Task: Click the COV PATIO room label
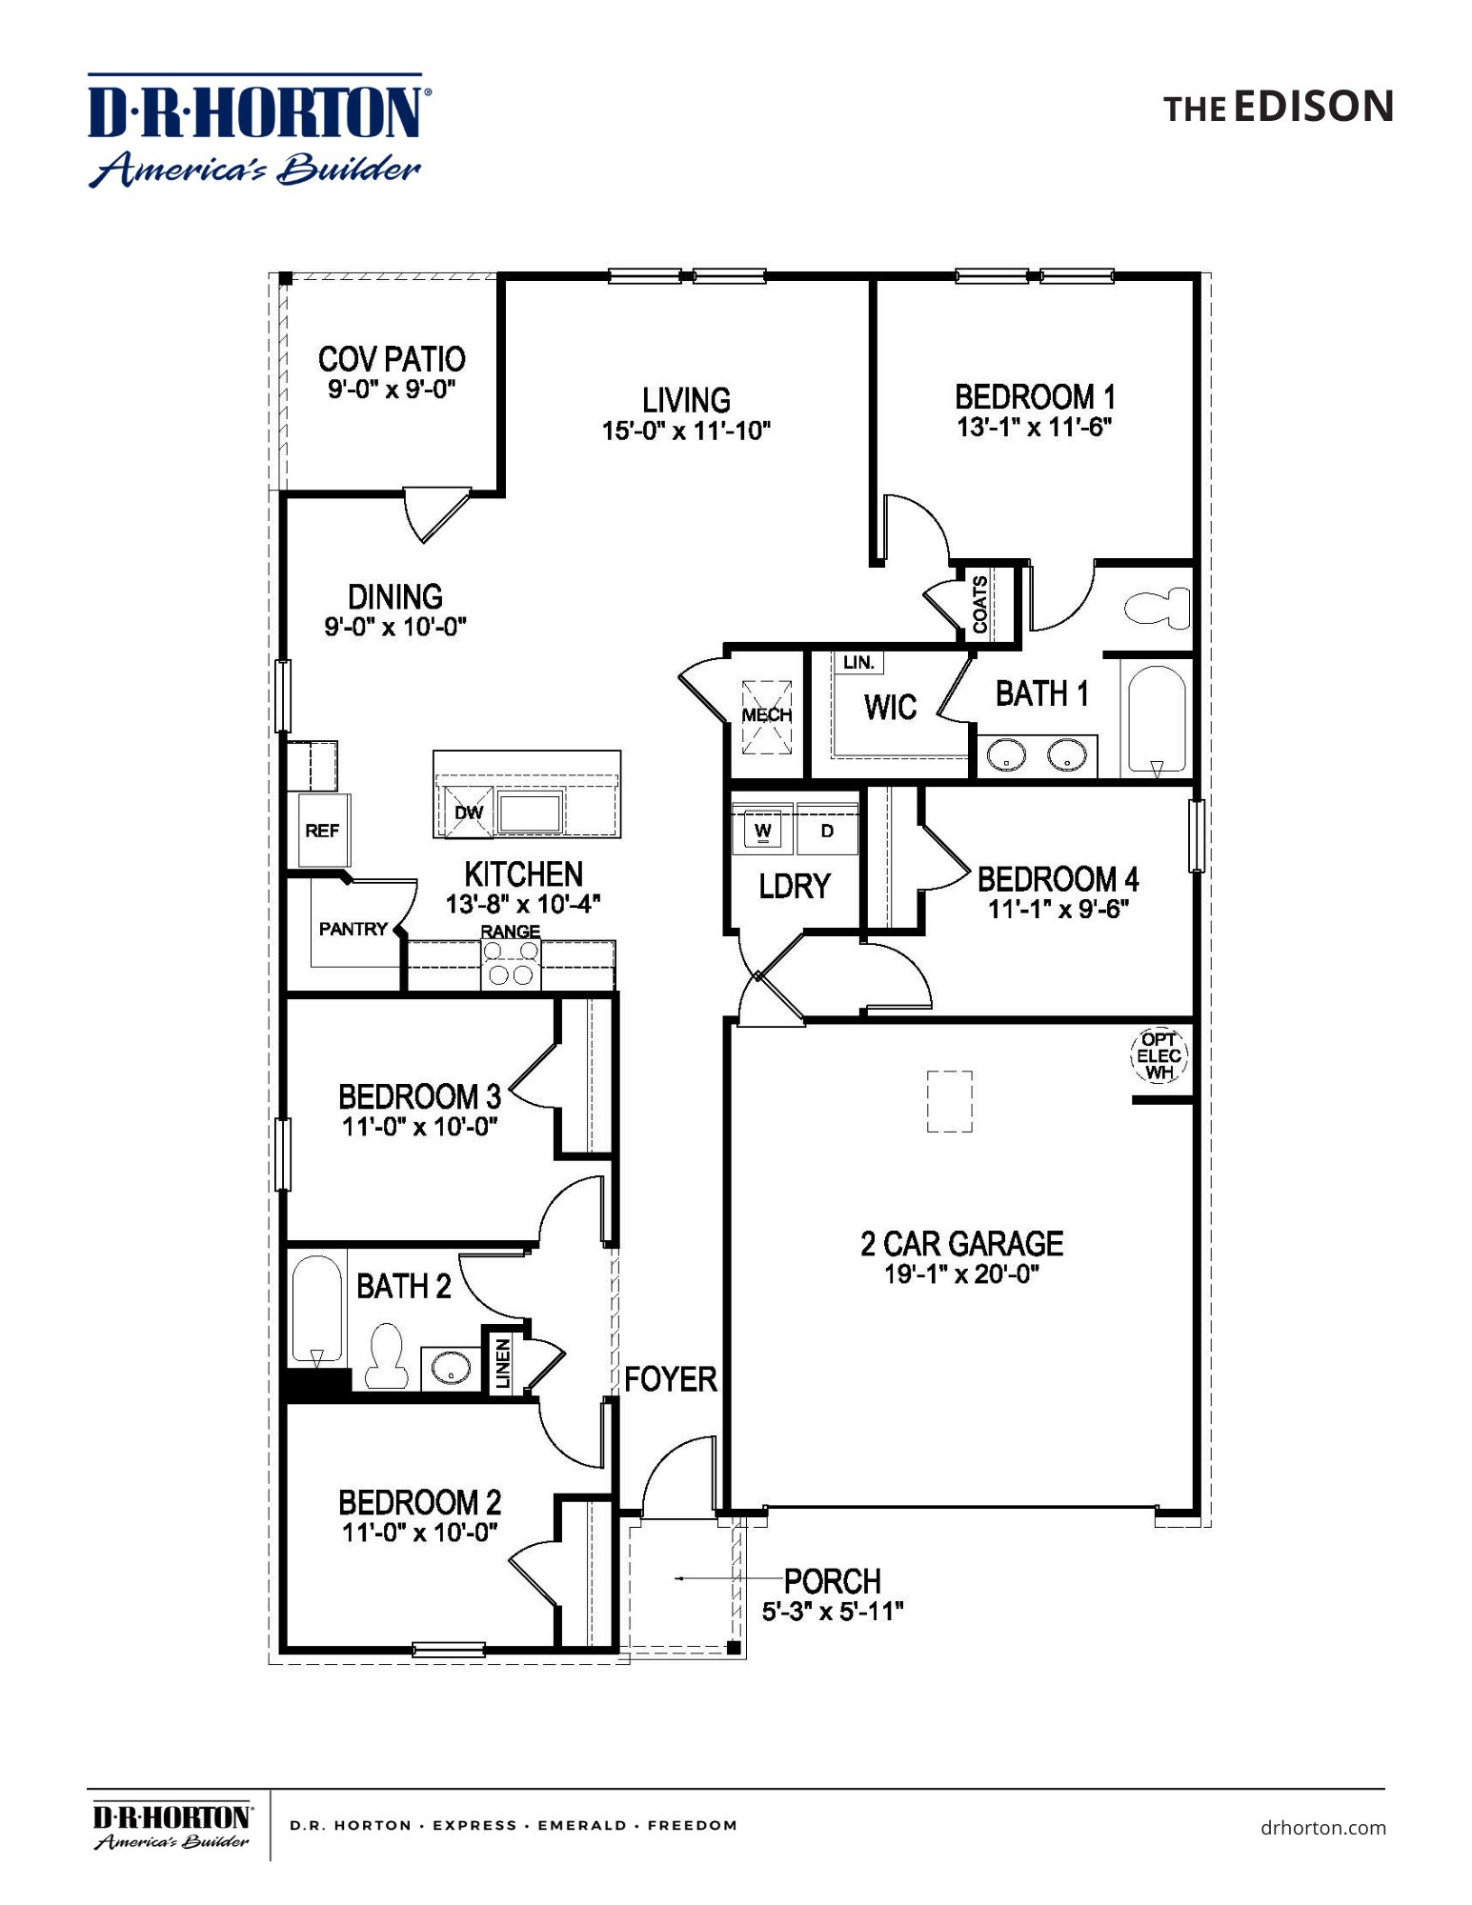click(392, 359)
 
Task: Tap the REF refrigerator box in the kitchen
click(322, 831)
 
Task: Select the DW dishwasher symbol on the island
click(467, 812)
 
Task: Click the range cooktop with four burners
click(511, 963)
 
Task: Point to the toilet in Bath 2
click(386, 1354)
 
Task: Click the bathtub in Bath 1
click(1157, 720)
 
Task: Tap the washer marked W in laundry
click(762, 830)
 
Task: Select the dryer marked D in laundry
click(827, 831)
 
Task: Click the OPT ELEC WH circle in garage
click(1159, 1055)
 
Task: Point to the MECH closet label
click(767, 715)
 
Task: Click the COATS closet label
click(979, 605)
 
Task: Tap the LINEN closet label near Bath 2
click(503, 1363)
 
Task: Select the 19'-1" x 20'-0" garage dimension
click(960, 1274)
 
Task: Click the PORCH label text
click(832, 1581)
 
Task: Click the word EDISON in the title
click(1314, 107)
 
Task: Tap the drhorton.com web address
click(1322, 1828)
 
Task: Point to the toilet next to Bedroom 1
click(1157, 607)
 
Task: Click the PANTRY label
click(353, 929)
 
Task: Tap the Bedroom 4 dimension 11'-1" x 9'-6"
click(1058, 910)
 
